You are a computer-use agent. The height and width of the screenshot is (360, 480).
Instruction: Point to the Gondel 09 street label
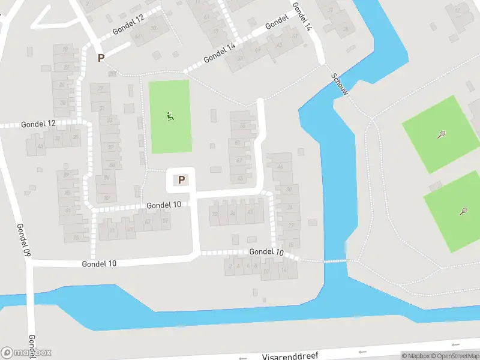(23, 240)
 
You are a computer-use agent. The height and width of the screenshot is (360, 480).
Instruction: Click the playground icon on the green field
(170, 116)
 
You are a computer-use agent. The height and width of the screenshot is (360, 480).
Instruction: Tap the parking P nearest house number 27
(101, 58)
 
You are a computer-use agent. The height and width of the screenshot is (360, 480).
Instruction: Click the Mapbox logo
(26, 353)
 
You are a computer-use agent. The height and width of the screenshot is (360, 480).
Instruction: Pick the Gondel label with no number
(277, 22)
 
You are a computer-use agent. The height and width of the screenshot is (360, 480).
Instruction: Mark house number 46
(280, 166)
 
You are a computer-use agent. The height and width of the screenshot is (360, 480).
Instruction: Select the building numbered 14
(283, 271)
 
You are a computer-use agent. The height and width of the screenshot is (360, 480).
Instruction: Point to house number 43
(41, 146)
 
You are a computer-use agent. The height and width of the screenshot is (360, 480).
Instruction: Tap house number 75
(76, 238)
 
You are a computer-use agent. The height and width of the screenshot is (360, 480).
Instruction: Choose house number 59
(215, 31)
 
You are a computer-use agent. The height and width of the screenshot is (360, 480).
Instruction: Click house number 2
(230, 266)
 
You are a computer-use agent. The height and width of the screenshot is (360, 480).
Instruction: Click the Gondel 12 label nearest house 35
(38, 124)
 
